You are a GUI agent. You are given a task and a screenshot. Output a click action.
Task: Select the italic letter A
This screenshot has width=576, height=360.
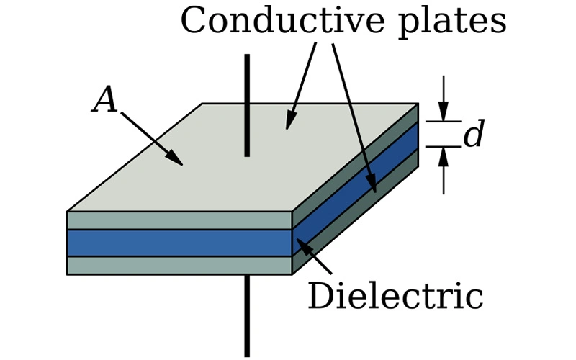(105, 101)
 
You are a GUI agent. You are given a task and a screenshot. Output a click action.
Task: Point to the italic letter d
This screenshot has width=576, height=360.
(473, 135)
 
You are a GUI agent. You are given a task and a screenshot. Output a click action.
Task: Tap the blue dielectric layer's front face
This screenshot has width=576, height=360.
(179, 243)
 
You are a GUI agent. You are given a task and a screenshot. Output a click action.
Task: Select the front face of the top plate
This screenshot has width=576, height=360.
(179, 220)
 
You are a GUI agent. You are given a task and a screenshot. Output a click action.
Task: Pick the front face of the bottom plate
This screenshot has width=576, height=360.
(179, 265)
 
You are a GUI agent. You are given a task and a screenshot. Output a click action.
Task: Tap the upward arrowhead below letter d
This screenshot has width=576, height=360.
(444, 154)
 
